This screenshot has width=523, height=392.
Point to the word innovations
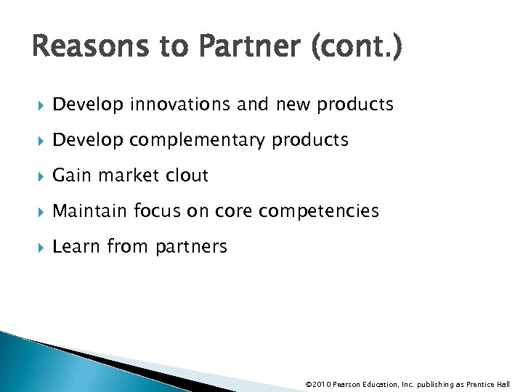(181, 105)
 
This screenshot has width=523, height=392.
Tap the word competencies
(319, 211)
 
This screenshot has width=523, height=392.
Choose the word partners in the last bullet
(190, 247)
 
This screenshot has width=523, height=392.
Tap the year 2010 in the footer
(320, 384)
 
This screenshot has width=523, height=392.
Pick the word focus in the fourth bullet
(157, 211)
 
